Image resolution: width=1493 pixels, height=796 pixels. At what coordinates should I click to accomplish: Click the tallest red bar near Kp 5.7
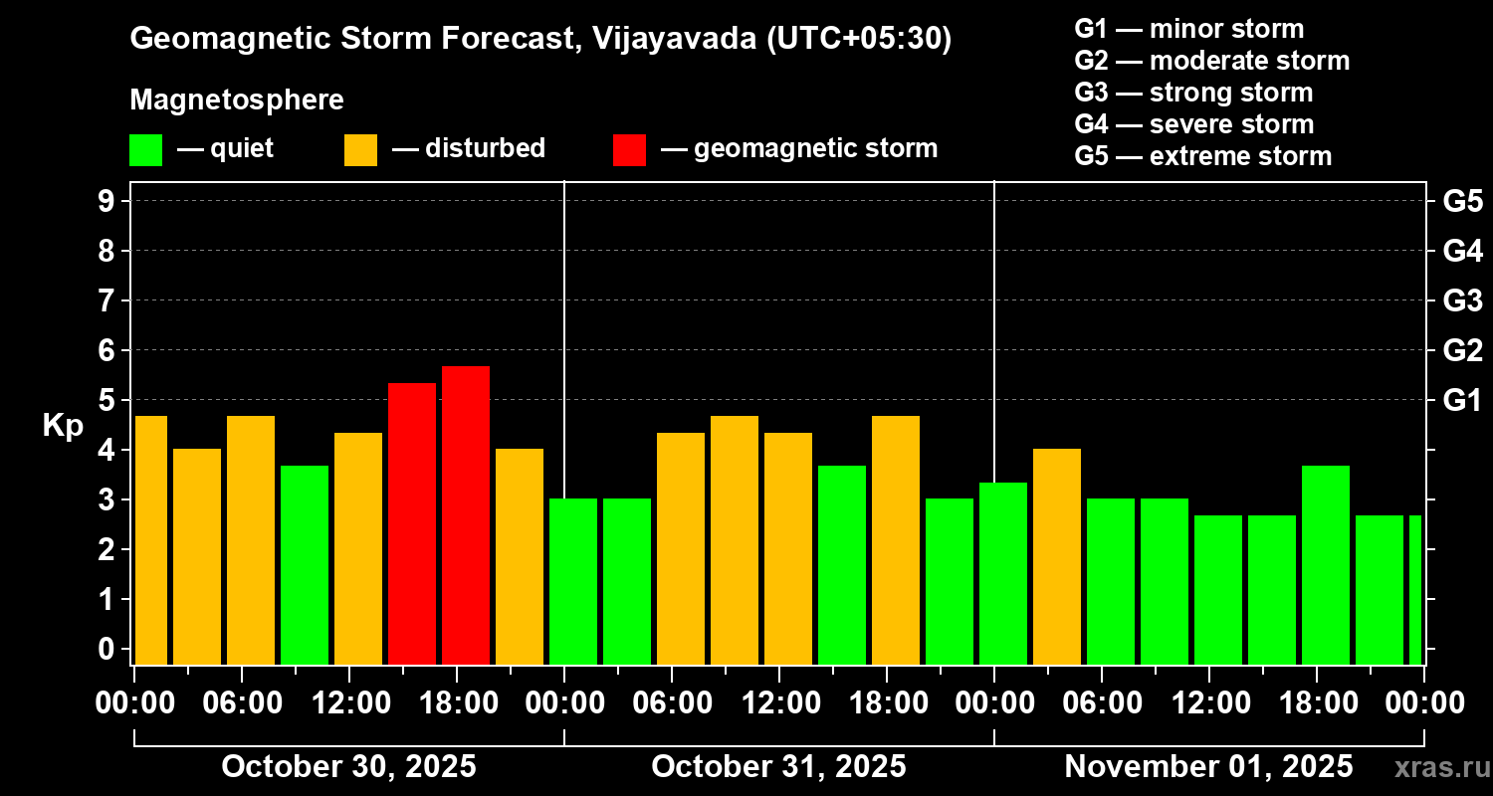[x=466, y=514]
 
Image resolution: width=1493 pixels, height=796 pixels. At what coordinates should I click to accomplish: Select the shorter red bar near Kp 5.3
[x=412, y=523]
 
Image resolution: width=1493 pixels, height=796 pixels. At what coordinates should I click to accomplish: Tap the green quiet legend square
[x=145, y=149]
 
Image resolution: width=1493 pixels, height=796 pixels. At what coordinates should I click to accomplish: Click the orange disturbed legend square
[x=360, y=149]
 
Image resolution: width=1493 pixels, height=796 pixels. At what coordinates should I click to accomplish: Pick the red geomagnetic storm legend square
[x=629, y=149]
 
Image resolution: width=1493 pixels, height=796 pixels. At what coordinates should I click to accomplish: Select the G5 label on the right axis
[x=1462, y=201]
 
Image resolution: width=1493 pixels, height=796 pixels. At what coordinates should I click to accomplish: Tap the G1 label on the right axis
[x=1462, y=400]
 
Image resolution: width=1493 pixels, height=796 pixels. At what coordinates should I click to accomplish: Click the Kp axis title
[x=63, y=425]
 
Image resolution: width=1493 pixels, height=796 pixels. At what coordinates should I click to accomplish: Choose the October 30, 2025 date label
[x=348, y=767]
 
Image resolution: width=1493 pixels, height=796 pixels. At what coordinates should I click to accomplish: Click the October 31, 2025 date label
[x=778, y=767]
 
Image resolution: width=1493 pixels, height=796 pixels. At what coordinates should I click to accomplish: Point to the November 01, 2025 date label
[x=1208, y=767]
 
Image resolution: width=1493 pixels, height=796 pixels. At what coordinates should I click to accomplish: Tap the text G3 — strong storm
[x=1193, y=93]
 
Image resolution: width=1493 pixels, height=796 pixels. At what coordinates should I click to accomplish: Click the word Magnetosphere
[x=237, y=100]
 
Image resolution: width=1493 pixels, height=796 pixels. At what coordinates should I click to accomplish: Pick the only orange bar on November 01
[x=1057, y=556]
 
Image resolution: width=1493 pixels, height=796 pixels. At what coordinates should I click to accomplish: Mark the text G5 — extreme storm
[x=1202, y=156]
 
